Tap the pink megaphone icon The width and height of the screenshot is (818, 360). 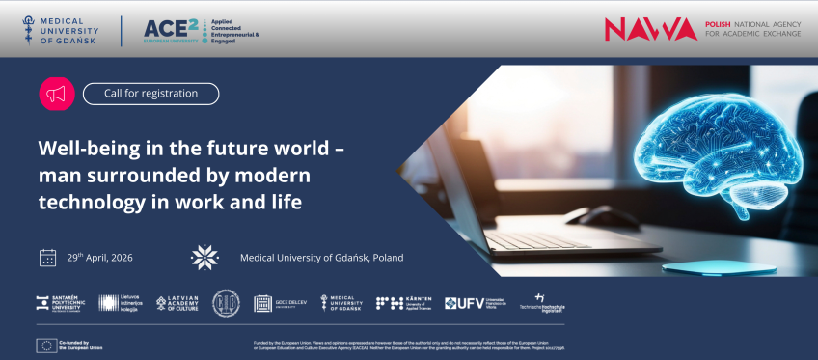pyautogui.click(x=56, y=94)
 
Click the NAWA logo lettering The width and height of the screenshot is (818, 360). pyautogui.click(x=650, y=29)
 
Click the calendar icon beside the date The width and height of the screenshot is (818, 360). pyautogui.click(x=47, y=258)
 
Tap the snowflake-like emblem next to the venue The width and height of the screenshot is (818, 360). pyautogui.click(x=204, y=257)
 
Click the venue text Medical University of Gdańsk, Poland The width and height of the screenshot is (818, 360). pyautogui.click(x=321, y=258)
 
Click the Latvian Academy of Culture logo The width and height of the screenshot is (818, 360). pyautogui.click(x=177, y=303)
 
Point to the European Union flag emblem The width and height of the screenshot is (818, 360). pyautogui.click(x=45, y=345)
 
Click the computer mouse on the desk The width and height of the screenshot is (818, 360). pyautogui.click(x=588, y=217)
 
